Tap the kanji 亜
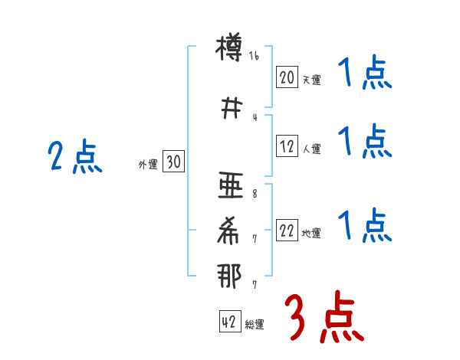tap(229, 186)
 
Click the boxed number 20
tap(287, 77)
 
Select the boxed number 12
tap(287, 147)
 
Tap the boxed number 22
tap(287, 231)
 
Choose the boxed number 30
tap(173, 162)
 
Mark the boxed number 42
tap(228, 322)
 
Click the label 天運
tap(310, 80)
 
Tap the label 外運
tap(148, 164)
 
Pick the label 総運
tap(254, 325)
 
